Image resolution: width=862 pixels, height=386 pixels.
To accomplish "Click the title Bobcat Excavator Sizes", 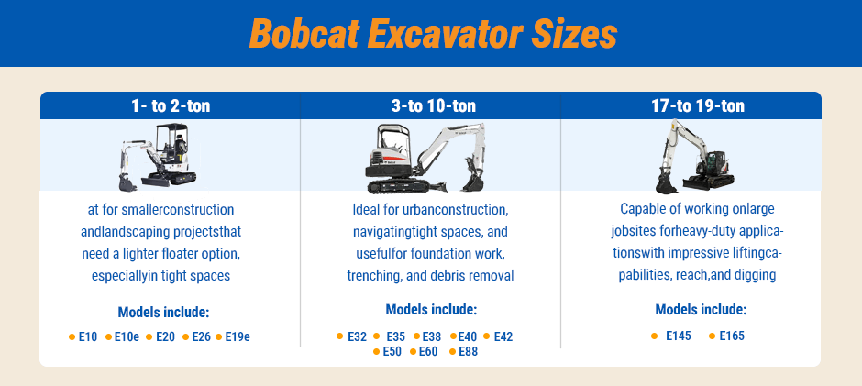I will (x=431, y=35).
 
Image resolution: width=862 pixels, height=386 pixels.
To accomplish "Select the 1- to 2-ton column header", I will (x=170, y=105).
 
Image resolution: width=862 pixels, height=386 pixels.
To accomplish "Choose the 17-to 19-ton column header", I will (x=691, y=105).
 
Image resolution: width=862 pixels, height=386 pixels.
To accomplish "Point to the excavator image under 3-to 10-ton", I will (x=425, y=157).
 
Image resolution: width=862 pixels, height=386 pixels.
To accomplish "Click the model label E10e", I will (x=127, y=336).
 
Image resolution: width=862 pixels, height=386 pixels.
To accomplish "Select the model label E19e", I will (x=238, y=336).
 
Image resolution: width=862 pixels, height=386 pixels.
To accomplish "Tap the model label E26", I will (x=202, y=336).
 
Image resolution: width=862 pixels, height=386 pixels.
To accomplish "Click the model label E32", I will (x=358, y=336).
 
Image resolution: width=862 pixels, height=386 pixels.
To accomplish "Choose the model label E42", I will (x=503, y=336).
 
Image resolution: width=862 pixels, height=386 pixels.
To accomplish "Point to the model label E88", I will (x=469, y=352).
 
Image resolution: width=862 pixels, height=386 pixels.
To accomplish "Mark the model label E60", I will (x=428, y=352).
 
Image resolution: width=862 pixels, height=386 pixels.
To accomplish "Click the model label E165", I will (x=732, y=336).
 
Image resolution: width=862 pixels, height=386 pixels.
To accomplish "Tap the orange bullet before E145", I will (x=654, y=336).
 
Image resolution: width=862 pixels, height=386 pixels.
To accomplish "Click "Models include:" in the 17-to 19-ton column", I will (x=701, y=309).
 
